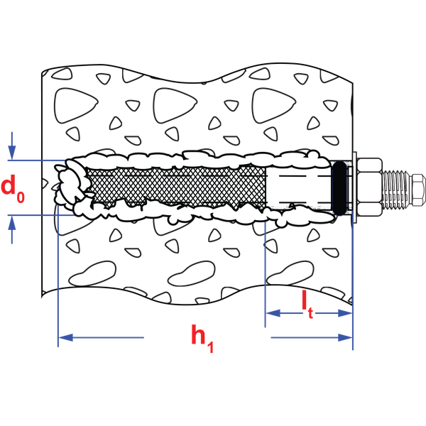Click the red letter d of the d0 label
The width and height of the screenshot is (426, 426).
point(9,186)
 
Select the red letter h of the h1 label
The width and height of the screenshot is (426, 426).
point(198,334)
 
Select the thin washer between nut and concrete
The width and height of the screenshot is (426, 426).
point(354,188)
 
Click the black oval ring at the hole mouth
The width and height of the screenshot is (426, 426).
point(341,188)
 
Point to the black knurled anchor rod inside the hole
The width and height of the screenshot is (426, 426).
point(177,187)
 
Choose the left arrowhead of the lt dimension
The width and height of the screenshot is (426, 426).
point(270,312)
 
